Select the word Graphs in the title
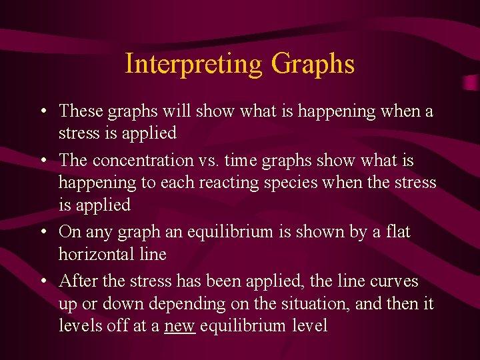coord(313,65)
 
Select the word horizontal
coord(112,254)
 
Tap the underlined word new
coord(179,326)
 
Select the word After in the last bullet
coord(77,281)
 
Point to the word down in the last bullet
coord(122,304)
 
